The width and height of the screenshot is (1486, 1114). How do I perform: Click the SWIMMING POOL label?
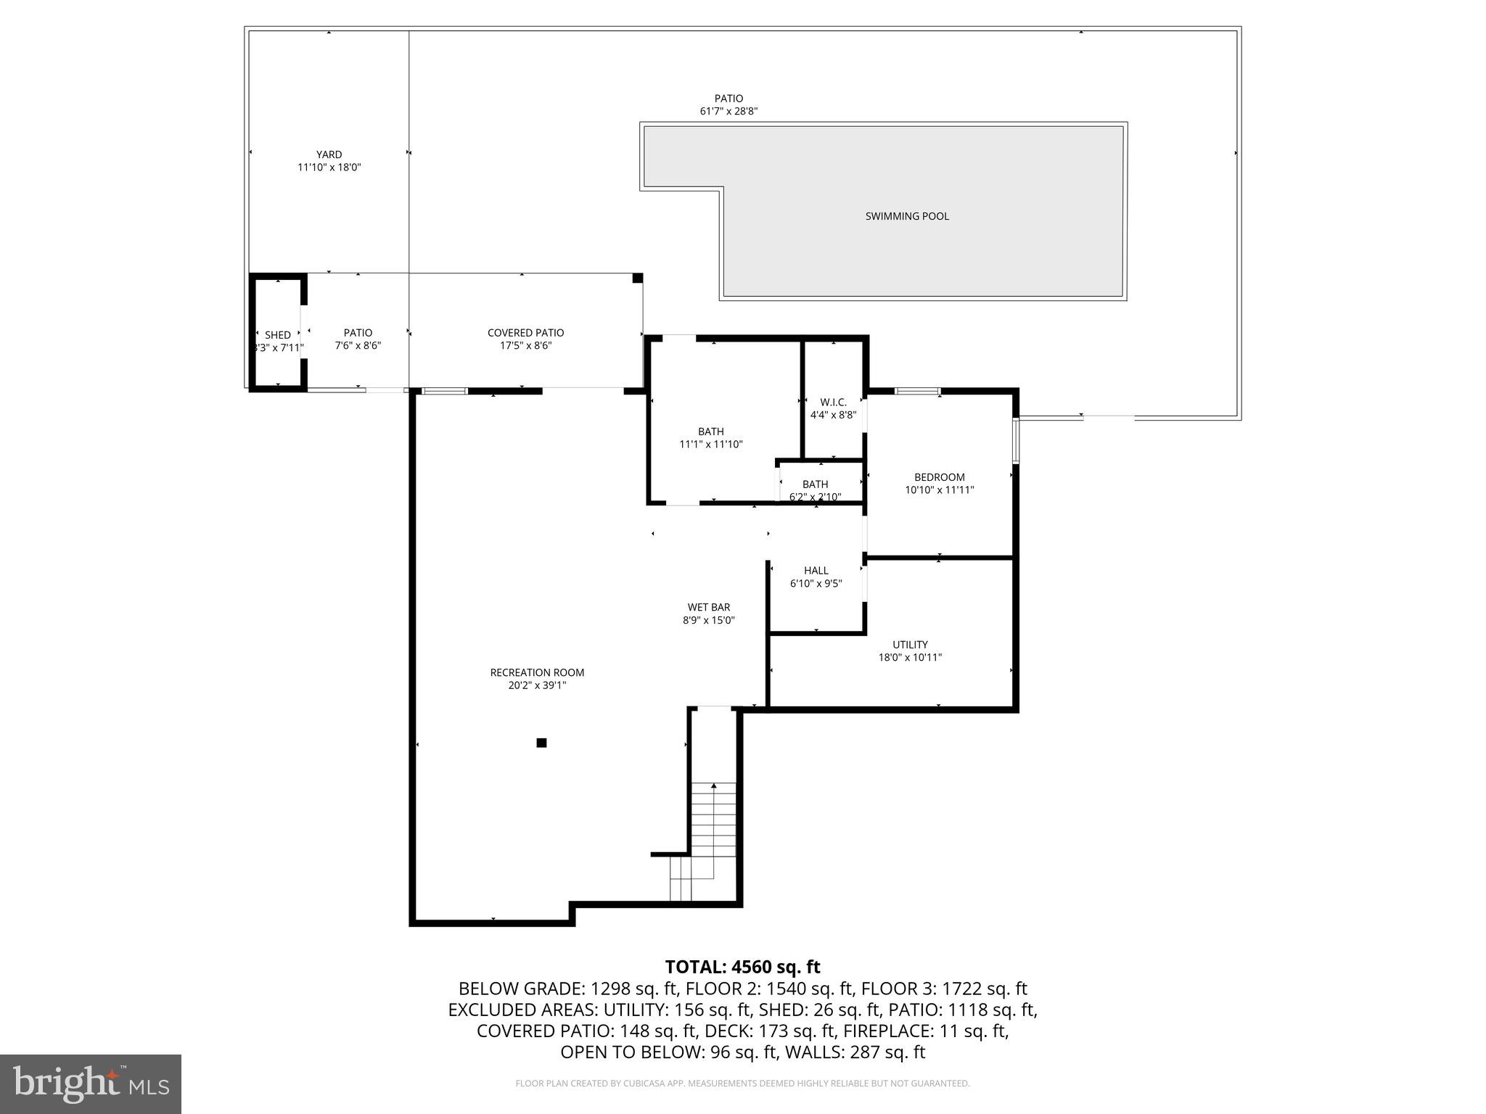point(906,216)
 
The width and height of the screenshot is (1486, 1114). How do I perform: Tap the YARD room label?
point(329,154)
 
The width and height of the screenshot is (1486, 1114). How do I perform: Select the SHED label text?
point(278,335)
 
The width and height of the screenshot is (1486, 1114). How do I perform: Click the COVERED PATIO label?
point(525,333)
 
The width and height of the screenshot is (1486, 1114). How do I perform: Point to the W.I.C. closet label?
point(833,403)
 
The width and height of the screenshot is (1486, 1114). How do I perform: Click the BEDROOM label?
point(939,477)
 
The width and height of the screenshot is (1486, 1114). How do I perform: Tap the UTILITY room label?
point(910,645)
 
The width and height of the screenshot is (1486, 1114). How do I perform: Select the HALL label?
point(816,571)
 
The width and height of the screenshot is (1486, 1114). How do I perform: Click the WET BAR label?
point(708,608)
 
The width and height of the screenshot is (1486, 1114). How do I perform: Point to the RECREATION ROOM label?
point(537,673)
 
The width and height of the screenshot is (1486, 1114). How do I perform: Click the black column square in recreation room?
point(541,743)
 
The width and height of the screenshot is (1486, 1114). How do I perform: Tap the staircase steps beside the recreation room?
point(713,827)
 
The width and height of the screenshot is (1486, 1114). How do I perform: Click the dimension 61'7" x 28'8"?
point(728,112)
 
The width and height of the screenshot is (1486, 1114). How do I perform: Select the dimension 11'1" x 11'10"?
point(710,445)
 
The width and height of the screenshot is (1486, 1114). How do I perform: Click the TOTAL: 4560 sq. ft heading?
point(742,967)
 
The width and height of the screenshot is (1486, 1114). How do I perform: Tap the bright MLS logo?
point(91,1084)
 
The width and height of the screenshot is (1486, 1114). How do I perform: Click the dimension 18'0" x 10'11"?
point(910,658)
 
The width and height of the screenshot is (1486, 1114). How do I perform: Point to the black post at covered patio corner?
point(637,278)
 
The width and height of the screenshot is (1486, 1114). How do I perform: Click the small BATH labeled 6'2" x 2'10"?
point(815,484)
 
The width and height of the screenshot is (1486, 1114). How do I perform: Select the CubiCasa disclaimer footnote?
point(742,1084)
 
